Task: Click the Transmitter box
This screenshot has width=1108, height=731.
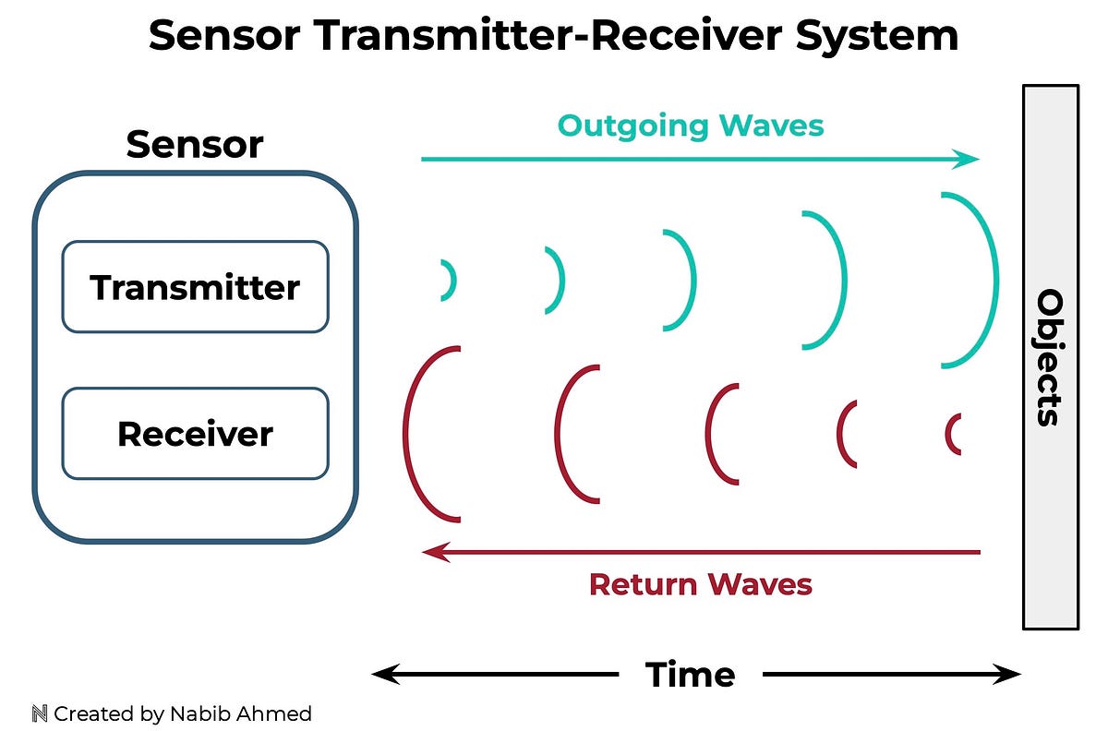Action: [195, 287]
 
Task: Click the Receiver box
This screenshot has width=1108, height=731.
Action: [195, 433]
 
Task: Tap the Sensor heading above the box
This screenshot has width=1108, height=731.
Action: [195, 145]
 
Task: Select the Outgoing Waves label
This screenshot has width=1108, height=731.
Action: [691, 125]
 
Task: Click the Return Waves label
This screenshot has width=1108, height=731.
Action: [700, 584]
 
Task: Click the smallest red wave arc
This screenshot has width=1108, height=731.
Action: [949, 433]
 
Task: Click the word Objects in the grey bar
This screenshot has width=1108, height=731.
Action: [1050, 357]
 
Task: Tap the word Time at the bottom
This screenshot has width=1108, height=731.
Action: [690, 675]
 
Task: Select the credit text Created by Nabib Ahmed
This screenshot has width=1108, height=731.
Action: [182, 713]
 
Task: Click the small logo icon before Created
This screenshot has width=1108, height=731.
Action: [39, 713]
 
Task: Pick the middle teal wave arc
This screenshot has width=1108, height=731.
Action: [691, 280]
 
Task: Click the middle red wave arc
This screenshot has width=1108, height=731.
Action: [711, 433]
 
